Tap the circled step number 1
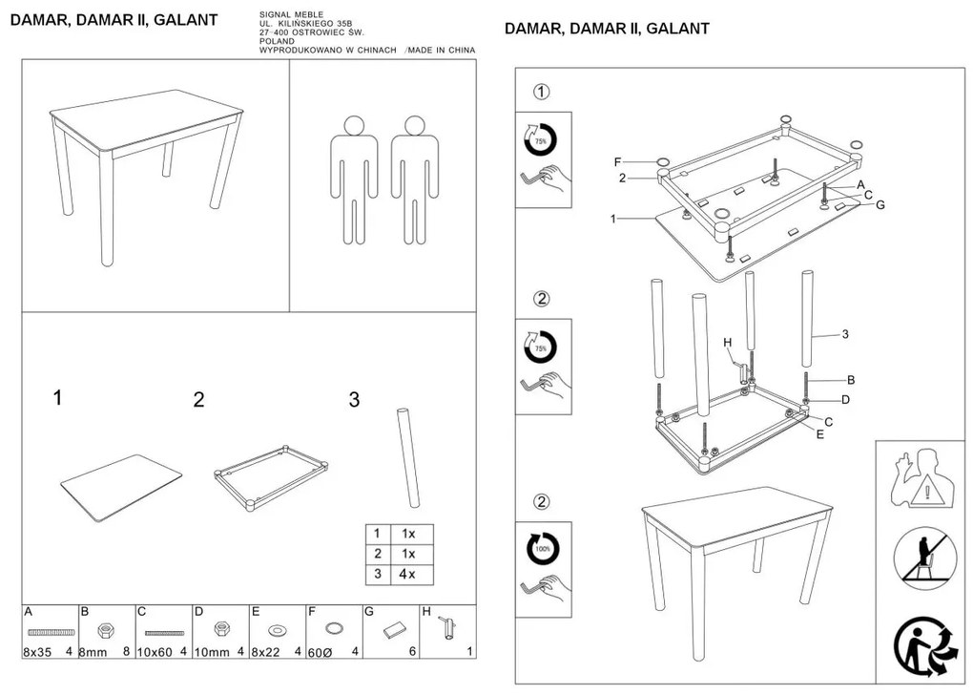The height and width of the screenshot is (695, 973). coord(541,93)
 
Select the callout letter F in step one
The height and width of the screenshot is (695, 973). coord(617,160)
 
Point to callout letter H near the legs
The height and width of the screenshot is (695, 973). coord(726,342)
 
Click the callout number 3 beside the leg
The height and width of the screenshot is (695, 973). coord(845,334)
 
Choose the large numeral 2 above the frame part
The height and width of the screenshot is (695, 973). coord(198,400)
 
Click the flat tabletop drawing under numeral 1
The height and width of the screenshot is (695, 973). coord(121,486)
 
